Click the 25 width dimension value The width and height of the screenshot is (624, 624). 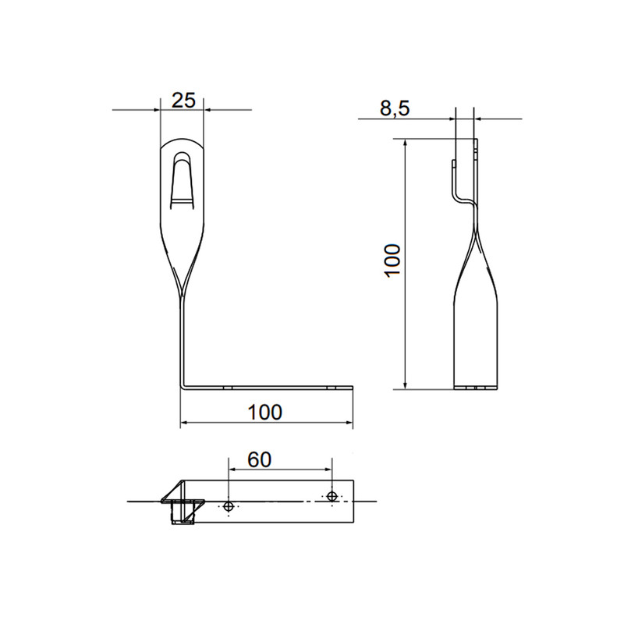(183, 101)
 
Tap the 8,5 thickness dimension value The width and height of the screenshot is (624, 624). (395, 108)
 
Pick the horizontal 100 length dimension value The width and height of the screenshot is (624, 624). (265, 413)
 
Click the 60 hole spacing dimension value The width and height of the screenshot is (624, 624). (260, 459)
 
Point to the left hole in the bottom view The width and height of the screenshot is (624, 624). (229, 506)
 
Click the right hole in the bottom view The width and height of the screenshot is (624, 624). (332, 496)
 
